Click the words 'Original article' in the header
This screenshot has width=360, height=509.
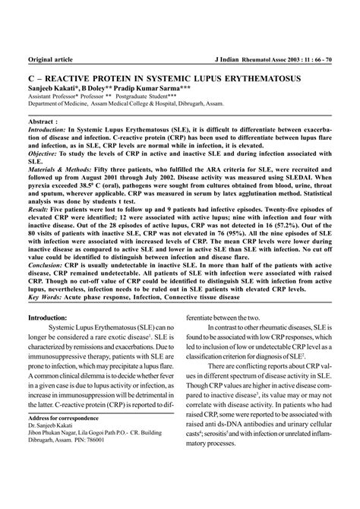tap(51, 60)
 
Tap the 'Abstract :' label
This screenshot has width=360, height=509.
tap(44, 120)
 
